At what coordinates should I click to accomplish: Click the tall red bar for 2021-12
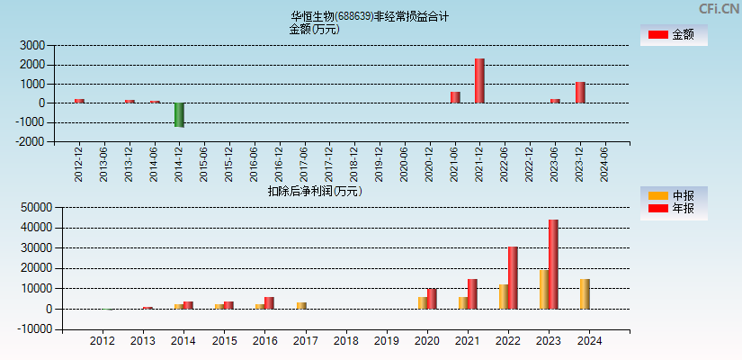(479, 81)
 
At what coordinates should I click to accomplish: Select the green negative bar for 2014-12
(179, 114)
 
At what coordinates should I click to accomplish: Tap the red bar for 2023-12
(580, 93)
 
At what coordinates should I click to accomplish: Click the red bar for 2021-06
(455, 97)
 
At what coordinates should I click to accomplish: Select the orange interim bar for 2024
(585, 293)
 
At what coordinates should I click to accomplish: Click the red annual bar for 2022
(513, 277)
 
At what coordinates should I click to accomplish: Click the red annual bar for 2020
(432, 299)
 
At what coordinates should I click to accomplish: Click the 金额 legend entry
(674, 34)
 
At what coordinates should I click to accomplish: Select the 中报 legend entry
(674, 195)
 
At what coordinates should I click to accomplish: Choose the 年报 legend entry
(674, 209)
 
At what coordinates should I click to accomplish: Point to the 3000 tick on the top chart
(32, 45)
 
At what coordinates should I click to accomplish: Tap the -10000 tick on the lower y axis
(28, 329)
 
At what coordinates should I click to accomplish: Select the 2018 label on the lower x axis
(346, 341)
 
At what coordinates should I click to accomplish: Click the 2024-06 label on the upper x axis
(604, 164)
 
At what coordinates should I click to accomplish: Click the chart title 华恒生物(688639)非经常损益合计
(370, 16)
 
